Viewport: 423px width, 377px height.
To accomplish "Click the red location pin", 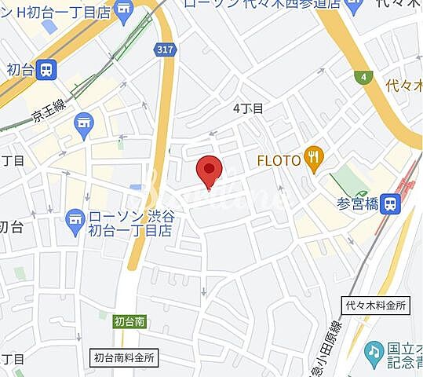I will (209, 170).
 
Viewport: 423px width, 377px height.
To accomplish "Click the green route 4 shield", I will (363, 77).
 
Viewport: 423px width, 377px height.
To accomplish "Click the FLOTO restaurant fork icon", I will (314, 159).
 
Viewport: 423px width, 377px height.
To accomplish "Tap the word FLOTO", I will (279, 160).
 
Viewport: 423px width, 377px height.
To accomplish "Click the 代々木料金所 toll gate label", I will (375, 305).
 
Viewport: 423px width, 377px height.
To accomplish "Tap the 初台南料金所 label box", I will (124, 356).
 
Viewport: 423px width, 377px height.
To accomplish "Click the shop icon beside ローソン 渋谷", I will (75, 221).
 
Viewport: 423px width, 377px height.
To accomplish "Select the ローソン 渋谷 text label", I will (129, 215).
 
